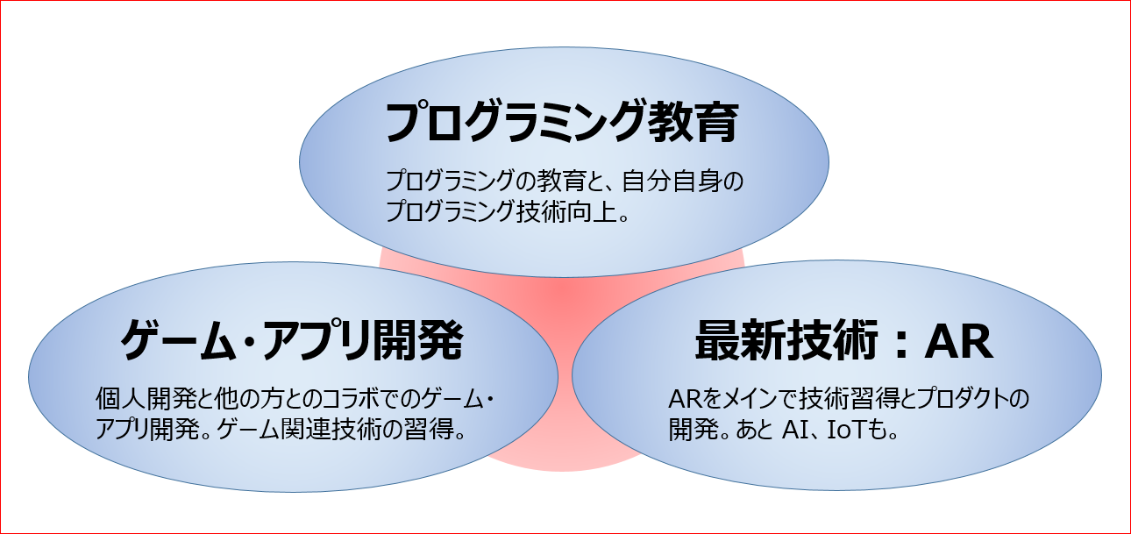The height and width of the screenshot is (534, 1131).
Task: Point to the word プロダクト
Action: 949,400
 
